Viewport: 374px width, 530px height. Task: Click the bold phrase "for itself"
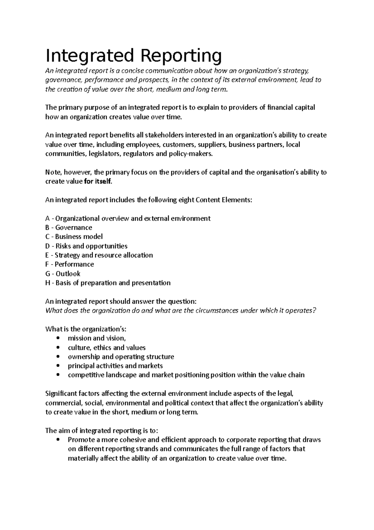97,182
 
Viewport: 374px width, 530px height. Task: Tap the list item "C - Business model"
74,237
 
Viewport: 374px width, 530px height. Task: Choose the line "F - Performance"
70,264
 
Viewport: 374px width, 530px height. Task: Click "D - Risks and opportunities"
86,246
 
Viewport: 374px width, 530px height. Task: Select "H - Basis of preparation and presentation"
108,283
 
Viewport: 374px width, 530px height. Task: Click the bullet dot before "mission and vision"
58,338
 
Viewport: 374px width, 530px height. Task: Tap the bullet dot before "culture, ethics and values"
58,348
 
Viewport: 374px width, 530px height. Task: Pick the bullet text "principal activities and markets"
115,366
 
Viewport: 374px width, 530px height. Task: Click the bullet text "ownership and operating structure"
121,357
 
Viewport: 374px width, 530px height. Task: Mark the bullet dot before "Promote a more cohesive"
58,440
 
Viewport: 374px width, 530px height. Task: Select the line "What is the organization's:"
86,329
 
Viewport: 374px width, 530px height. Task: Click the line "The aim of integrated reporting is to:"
102,431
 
